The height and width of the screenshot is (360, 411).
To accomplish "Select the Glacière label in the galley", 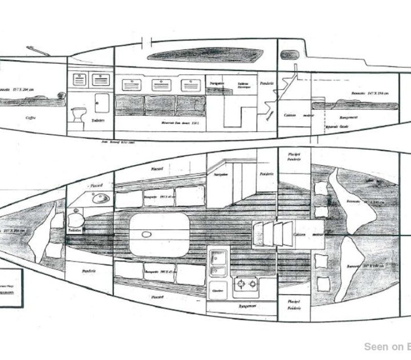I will [x=217, y=290].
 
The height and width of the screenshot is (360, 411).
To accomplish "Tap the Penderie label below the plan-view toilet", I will [x=86, y=269].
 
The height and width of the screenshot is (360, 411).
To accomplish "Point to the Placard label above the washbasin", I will [x=96, y=184].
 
